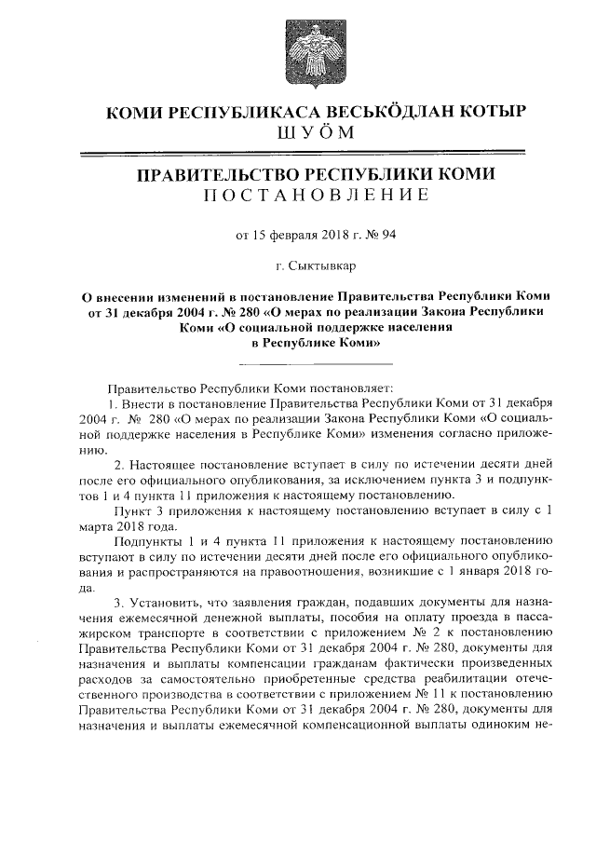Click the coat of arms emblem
pyautogui.click(x=299, y=48)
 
